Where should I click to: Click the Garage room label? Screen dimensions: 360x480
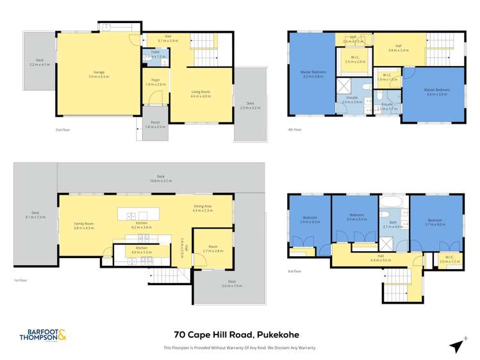pyautogui.click(x=97, y=72)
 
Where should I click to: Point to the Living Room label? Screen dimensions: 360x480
pyautogui.click(x=201, y=93)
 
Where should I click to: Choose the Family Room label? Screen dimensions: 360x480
pyautogui.click(x=84, y=224)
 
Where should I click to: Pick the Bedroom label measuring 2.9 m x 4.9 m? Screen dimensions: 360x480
pyautogui.click(x=310, y=219)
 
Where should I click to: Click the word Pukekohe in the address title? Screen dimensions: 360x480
pyautogui.click(x=274, y=335)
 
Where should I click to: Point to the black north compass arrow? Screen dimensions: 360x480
pyautogui.click(x=456, y=345)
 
